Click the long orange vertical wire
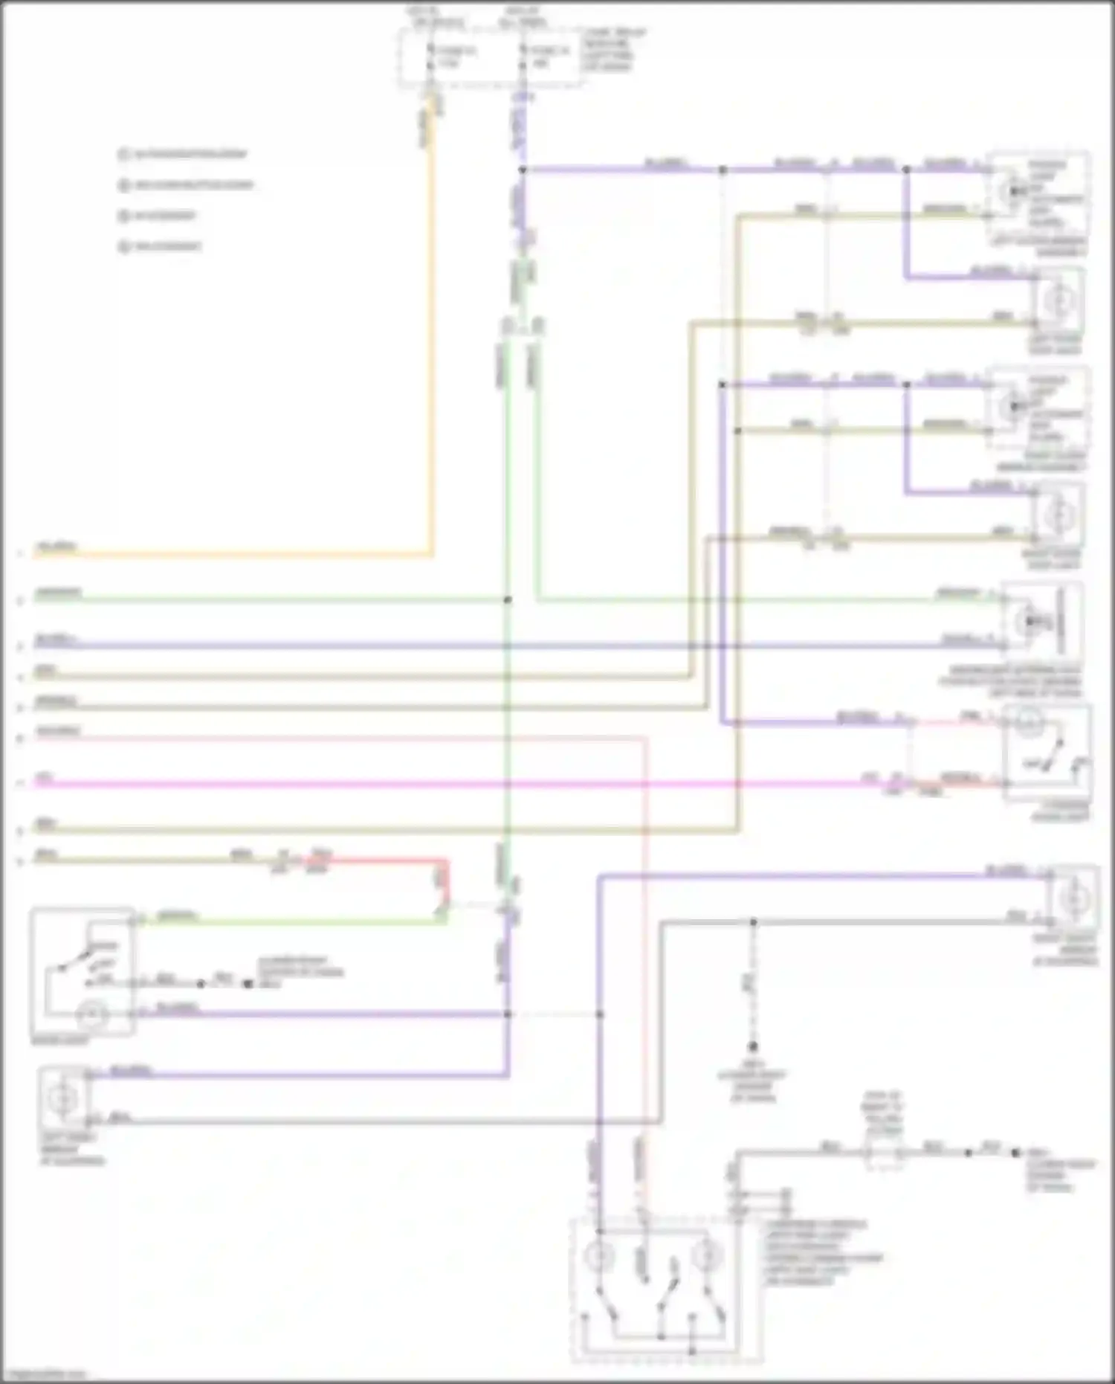(x=431, y=335)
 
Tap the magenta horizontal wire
(x=446, y=783)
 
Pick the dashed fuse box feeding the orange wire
(x=491, y=58)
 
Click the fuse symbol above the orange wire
(x=431, y=58)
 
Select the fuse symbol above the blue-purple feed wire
(x=523, y=58)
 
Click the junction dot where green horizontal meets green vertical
(x=508, y=599)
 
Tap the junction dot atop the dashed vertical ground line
(x=753, y=922)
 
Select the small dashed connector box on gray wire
(x=884, y=1153)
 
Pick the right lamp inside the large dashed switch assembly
(x=705, y=1257)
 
